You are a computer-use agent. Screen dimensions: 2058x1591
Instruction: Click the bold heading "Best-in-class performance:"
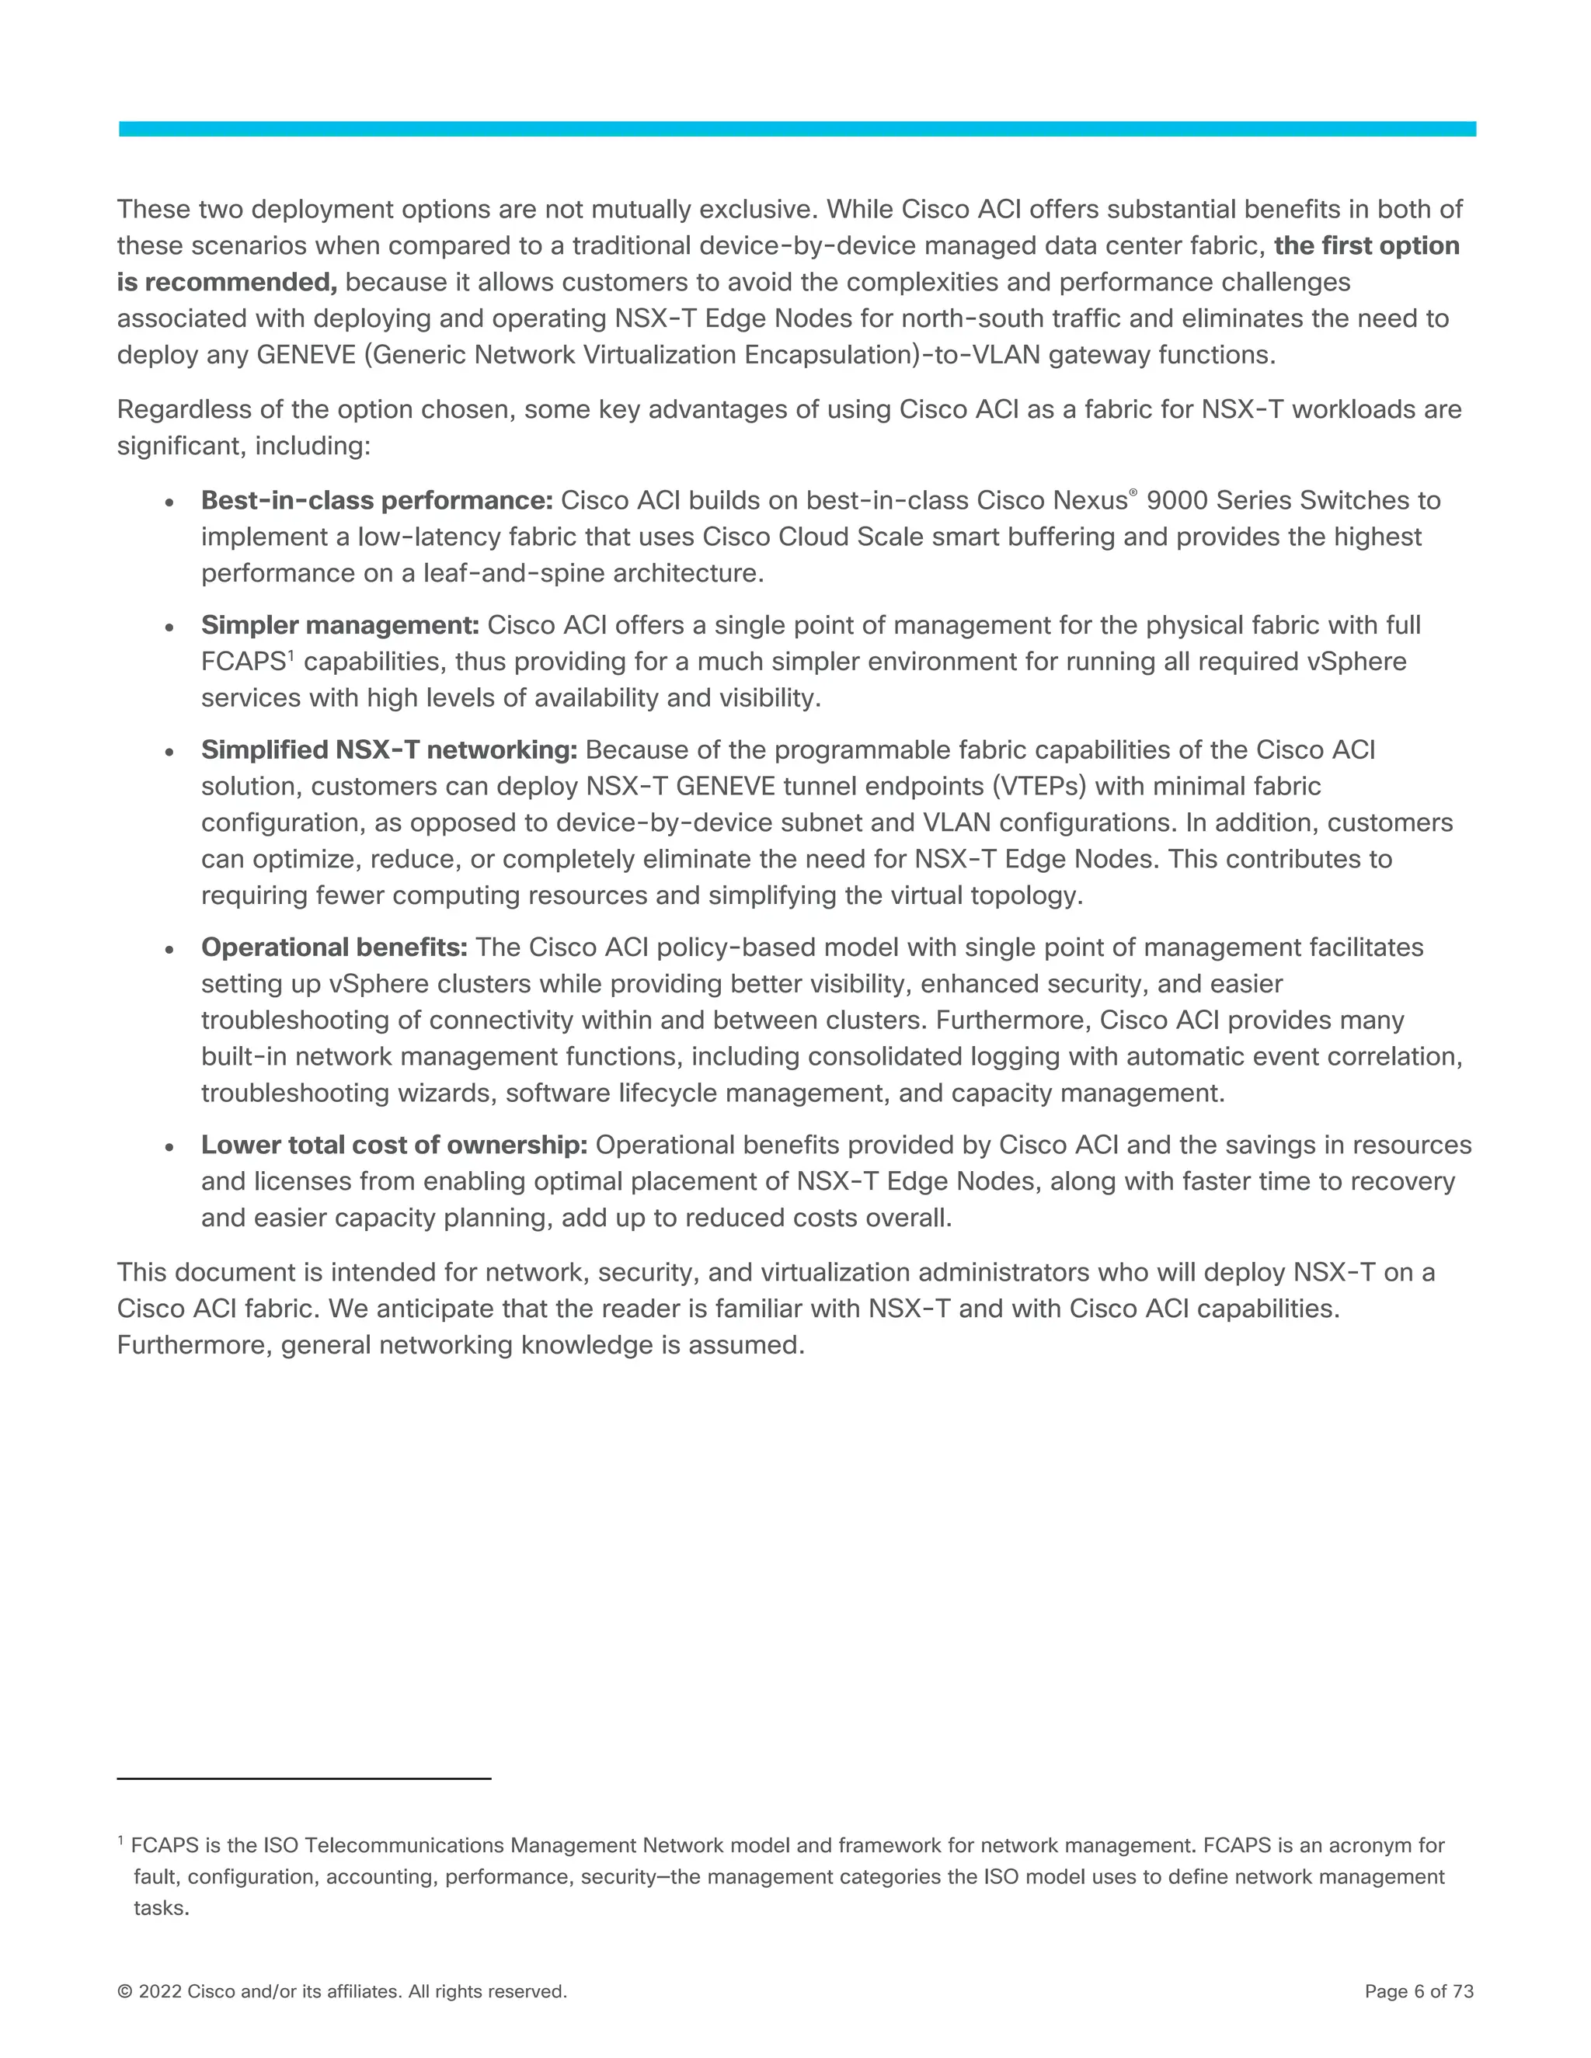tap(376, 500)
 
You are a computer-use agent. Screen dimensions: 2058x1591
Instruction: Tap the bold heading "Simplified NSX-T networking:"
tap(388, 750)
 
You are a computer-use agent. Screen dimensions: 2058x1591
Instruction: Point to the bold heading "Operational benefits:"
tap(333, 947)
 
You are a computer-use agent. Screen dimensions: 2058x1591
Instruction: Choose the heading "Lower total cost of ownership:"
tap(394, 1145)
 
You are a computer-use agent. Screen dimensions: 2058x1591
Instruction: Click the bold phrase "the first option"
tap(1366, 246)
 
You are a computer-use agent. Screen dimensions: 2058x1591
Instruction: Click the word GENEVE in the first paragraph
tap(305, 355)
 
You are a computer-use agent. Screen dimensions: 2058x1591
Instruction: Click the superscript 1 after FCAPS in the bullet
tap(291, 655)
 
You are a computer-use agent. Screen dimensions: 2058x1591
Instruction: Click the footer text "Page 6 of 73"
tap(1419, 1991)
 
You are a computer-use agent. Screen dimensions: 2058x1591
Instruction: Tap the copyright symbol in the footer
tap(124, 1991)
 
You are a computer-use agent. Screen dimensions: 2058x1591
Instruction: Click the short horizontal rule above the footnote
tap(304, 1778)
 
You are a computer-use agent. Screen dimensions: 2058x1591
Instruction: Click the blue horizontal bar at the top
tap(796, 129)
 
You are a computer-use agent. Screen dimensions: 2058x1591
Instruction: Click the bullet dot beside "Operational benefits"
tap(169, 950)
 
